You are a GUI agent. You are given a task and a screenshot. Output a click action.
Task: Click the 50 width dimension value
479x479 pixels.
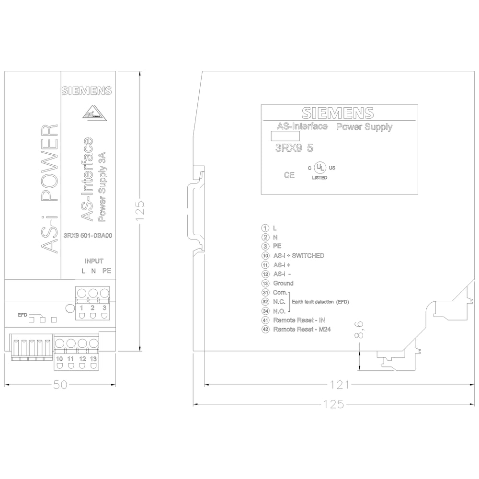[x=60, y=385]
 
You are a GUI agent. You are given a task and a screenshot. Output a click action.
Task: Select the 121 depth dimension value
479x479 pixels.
[x=340, y=385]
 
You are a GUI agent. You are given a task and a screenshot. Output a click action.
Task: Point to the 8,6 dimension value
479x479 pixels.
[x=359, y=330]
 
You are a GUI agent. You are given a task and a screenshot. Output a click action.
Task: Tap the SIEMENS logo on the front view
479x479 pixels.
[x=86, y=91]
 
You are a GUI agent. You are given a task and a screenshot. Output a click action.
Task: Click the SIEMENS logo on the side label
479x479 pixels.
[x=338, y=113]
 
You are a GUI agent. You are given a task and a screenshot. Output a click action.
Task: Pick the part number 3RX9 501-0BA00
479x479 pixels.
[x=88, y=236]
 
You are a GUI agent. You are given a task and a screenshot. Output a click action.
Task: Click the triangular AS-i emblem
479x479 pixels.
[x=94, y=114]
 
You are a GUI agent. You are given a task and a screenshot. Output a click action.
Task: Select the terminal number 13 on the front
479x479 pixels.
[x=93, y=359]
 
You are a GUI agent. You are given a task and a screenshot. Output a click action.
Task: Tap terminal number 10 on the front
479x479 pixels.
[x=59, y=359]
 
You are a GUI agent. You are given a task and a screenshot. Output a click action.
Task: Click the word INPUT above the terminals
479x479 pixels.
[x=94, y=261]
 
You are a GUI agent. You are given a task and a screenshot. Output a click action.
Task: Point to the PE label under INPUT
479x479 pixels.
[x=107, y=271]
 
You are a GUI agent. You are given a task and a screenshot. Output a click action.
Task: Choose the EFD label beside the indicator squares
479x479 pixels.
[x=23, y=315]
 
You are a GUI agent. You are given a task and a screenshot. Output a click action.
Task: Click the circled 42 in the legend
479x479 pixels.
[x=265, y=330]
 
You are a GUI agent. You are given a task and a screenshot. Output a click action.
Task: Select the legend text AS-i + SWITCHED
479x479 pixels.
[x=298, y=256]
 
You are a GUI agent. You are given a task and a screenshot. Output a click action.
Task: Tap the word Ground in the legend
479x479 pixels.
[x=283, y=283]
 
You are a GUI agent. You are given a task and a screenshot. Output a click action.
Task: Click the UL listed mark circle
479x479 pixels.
[x=320, y=167]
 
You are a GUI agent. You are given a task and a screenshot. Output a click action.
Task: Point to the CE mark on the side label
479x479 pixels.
[x=289, y=175]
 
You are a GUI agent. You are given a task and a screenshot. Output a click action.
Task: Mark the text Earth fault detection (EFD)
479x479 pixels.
[x=320, y=302]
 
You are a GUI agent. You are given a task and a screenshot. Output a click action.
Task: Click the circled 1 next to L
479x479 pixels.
[x=265, y=228]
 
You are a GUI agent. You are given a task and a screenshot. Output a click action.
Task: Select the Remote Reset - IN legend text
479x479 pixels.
[x=299, y=320]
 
